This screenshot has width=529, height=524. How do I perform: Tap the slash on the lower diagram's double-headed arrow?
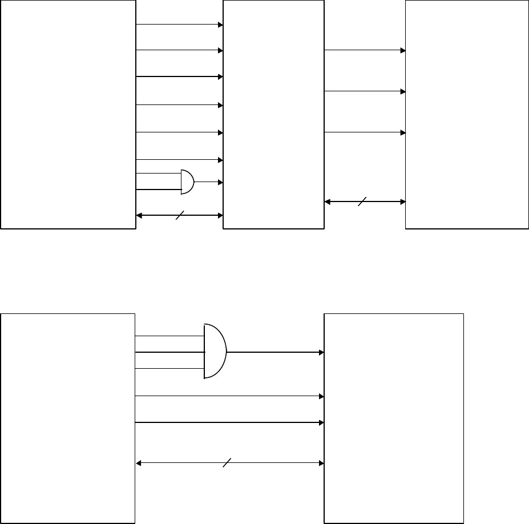tap(227, 462)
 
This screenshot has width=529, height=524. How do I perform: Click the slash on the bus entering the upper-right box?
tap(360, 201)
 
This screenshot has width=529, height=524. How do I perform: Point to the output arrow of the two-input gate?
tap(208, 182)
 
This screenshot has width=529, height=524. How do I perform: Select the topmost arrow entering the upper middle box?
tap(179, 25)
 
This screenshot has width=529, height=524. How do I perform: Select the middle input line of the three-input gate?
tap(169, 352)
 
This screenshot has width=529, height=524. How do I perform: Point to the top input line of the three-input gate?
tap(169, 336)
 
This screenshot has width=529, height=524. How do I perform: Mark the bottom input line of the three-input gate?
tap(169, 368)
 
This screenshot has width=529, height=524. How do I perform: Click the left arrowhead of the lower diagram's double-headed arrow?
tap(139, 462)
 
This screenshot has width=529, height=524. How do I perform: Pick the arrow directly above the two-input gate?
tap(179, 160)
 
